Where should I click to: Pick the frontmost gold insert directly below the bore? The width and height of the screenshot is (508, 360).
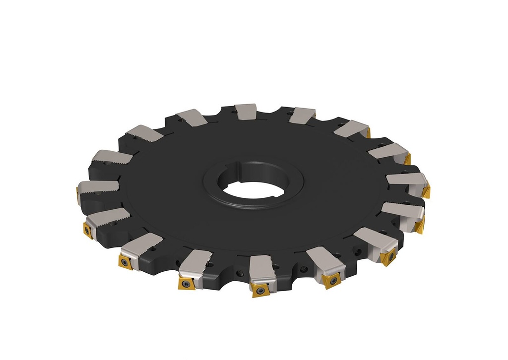[260, 290]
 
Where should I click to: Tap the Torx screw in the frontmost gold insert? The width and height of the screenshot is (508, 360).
[259, 289]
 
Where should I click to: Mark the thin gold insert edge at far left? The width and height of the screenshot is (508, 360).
[78, 194]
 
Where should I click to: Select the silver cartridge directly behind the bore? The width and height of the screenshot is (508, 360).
[245, 112]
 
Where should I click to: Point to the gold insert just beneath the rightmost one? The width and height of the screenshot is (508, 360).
[420, 225]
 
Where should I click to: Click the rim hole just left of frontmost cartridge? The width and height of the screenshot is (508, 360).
[240, 272]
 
